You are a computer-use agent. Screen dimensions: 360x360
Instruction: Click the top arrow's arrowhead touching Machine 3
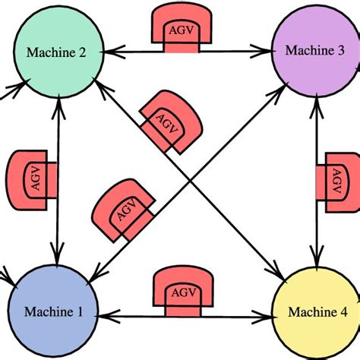click(x=267, y=53)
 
